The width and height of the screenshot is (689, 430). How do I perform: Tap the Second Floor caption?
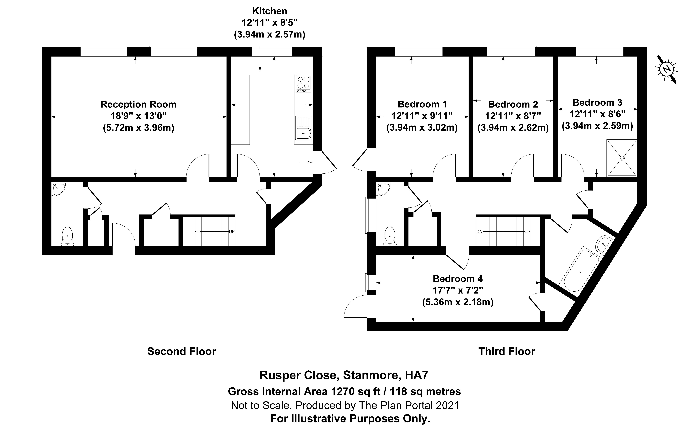[182, 352]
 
